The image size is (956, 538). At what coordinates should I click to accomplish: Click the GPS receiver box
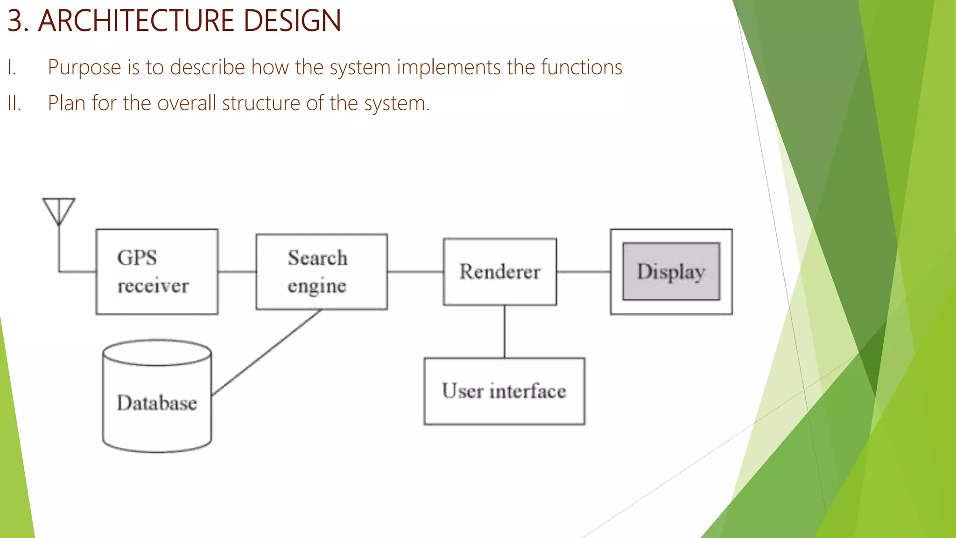tap(157, 271)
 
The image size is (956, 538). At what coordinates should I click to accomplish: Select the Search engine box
tap(321, 271)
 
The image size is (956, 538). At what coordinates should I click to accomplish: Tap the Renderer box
tap(499, 272)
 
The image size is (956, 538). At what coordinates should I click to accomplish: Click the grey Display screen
tap(671, 271)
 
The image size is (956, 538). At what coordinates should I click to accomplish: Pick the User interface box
tap(504, 391)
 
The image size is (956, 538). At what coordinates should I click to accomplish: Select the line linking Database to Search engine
tap(267, 352)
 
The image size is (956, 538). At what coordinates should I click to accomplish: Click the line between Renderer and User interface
tap(504, 332)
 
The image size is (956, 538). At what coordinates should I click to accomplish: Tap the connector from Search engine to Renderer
tap(415, 271)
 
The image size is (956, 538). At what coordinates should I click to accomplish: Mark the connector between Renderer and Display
tap(583, 271)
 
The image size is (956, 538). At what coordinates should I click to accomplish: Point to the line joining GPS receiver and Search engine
tap(237, 271)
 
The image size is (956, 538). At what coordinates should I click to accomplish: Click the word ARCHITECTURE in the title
tap(135, 21)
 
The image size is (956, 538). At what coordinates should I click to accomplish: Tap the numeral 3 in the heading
tap(15, 21)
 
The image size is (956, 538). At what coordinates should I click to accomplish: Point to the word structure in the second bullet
tap(261, 103)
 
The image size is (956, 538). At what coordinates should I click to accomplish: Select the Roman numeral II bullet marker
tap(14, 103)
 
